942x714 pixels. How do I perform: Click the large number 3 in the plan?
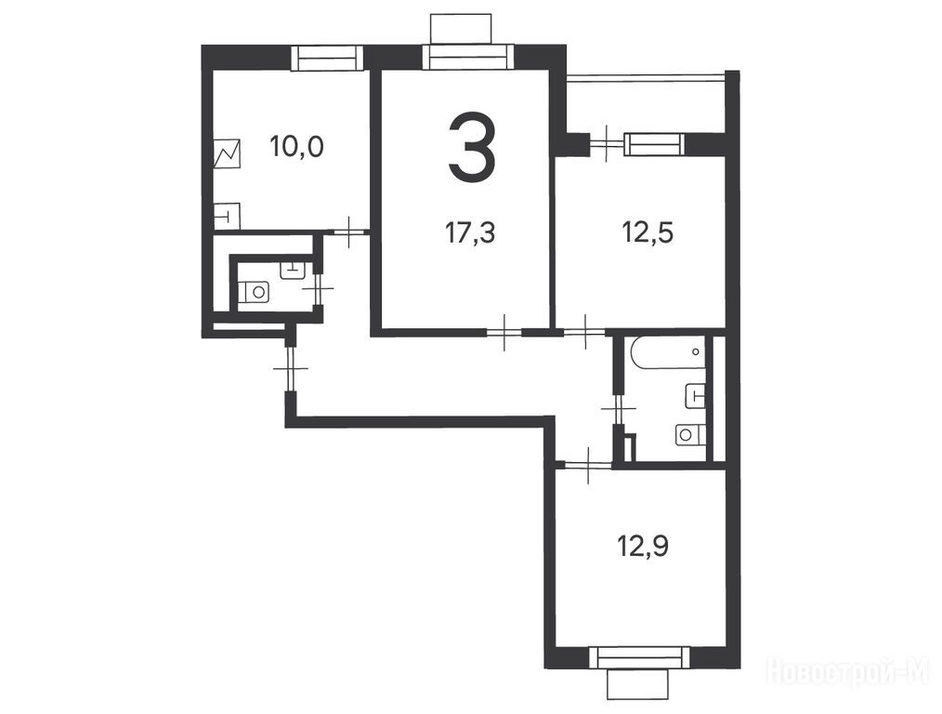(x=472, y=146)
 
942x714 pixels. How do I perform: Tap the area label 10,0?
(x=296, y=146)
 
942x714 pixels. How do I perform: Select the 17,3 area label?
(x=470, y=232)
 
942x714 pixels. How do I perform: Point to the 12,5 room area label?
(x=648, y=232)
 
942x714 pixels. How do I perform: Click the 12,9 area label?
(x=643, y=547)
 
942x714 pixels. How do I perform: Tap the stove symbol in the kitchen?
(x=227, y=153)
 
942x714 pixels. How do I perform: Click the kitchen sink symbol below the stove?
(x=227, y=216)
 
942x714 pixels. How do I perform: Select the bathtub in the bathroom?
(x=667, y=351)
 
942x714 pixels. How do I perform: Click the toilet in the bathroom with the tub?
(x=689, y=434)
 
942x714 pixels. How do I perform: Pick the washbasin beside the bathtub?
(x=696, y=395)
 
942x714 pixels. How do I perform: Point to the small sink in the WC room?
(x=293, y=270)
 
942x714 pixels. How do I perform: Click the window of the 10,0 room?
(x=328, y=59)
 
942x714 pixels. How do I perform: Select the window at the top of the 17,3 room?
(x=468, y=59)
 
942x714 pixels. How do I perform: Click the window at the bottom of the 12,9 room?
(x=638, y=657)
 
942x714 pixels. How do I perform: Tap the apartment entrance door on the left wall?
(x=291, y=368)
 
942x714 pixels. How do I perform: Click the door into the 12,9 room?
(x=588, y=464)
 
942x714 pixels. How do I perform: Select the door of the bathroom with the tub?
(x=619, y=409)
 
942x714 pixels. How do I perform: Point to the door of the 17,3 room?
(x=504, y=332)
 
